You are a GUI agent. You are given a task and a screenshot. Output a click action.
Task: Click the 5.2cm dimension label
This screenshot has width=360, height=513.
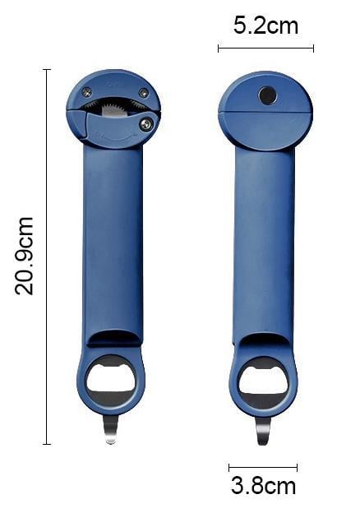(x=265, y=25)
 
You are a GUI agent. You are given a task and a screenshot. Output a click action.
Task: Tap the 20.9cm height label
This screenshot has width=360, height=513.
(x=25, y=256)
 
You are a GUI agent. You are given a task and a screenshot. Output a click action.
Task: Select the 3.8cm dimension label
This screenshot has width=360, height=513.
(x=263, y=486)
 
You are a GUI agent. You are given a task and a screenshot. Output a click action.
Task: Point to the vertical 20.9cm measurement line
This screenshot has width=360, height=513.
(x=47, y=256)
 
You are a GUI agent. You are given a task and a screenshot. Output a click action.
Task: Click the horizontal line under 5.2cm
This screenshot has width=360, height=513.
(x=265, y=49)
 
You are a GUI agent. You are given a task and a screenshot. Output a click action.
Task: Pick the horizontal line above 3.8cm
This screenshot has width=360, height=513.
(x=263, y=468)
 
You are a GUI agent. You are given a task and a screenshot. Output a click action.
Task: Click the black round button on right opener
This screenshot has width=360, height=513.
(x=268, y=96)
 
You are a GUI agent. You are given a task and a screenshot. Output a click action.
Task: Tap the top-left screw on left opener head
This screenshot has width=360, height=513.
(x=86, y=91)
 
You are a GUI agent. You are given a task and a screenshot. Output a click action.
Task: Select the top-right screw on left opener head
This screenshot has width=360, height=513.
(x=144, y=93)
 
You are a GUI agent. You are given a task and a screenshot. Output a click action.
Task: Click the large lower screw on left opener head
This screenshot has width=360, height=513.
(x=146, y=123)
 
